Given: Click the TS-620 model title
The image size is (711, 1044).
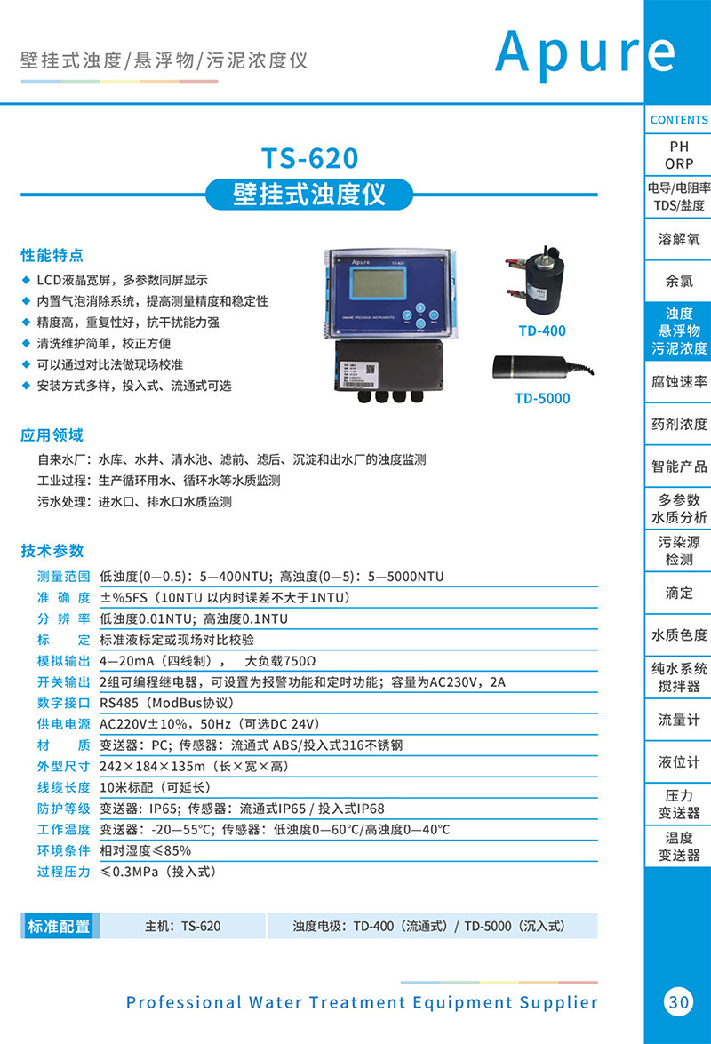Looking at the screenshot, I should (309, 158).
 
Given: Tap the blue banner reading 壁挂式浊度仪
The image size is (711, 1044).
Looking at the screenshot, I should (309, 194).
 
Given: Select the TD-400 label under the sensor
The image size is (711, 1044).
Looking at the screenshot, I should (542, 331).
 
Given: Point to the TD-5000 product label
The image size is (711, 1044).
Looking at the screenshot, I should (542, 398).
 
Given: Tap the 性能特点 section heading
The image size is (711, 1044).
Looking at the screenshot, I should (52, 256).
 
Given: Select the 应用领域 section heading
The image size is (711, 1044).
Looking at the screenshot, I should (52, 435).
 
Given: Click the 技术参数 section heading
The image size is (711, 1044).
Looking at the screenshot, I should (52, 550).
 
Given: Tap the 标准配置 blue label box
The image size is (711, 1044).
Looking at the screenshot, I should (59, 926).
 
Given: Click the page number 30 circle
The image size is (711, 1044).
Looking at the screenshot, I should (678, 1001).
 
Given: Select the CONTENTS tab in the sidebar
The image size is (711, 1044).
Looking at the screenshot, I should (679, 120).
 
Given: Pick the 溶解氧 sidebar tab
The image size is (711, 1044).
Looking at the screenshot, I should (679, 239).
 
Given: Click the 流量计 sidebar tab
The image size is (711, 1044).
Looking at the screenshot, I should (679, 721).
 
